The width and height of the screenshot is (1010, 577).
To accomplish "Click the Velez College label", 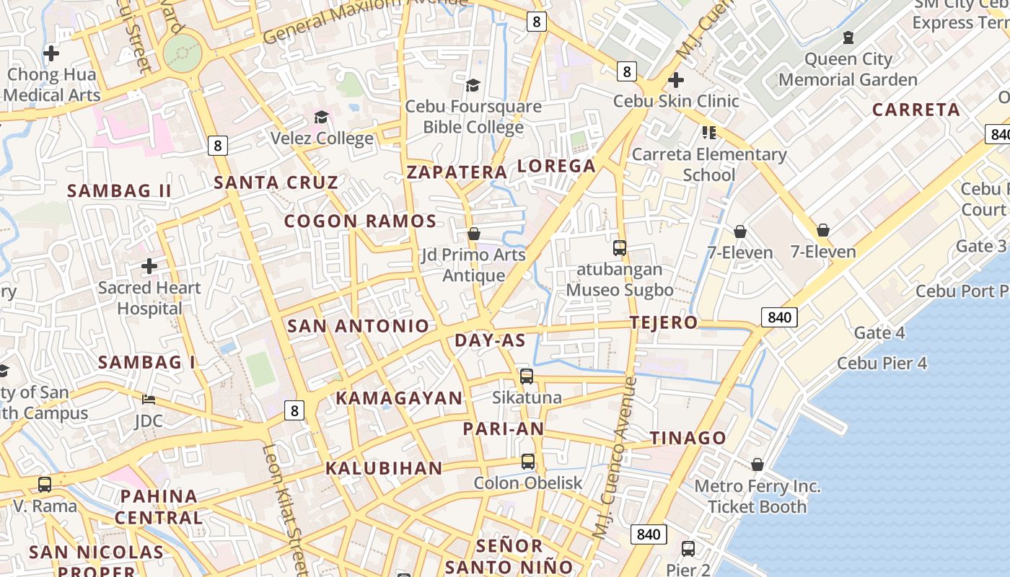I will coord(322,138).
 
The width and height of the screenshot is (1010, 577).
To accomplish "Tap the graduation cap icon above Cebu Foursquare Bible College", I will coord(473,86).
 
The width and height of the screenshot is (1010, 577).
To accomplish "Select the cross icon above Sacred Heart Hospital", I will coord(149,266).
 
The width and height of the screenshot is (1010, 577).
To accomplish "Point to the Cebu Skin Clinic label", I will coord(676,101).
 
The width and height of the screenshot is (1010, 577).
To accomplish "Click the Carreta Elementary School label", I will coord(708,164).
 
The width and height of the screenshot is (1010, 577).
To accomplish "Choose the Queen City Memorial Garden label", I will coord(848,69).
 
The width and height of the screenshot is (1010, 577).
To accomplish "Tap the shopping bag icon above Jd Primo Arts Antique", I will coord(474,234).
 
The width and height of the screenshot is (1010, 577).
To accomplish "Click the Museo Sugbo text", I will coord(619,290).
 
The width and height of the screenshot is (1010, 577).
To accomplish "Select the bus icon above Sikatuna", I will coord(527,376).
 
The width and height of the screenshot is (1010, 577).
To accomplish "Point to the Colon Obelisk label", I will coord(527,483).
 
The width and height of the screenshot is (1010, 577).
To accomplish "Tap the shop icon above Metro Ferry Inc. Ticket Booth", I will coord(757,464).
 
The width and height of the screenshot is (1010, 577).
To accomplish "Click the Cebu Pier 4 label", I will coord(882,363).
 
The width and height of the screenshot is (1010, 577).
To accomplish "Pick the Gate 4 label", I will coord(879,332).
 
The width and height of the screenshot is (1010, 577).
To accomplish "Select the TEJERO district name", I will coord(664,322).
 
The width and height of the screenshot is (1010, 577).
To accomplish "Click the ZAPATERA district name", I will coord(457,172).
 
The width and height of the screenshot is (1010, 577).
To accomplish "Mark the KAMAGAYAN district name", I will coord(399,398).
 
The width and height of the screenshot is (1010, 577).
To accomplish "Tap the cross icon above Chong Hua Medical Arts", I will coord(51,53).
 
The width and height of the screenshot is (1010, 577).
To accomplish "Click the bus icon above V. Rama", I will coord(45,485).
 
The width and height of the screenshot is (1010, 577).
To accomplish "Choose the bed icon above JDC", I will coord(149,400).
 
